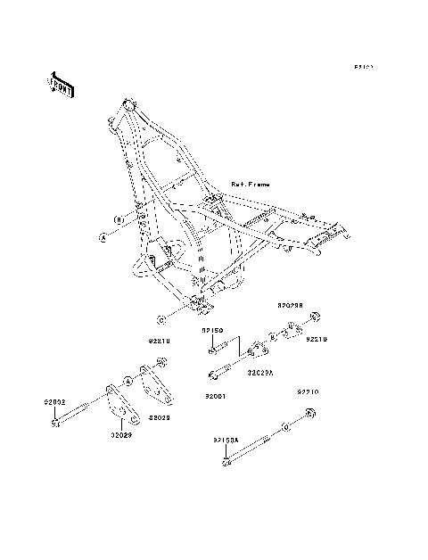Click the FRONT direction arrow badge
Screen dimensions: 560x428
tap(61, 84)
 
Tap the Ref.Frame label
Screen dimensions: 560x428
tap(250, 185)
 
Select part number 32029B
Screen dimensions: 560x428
tap(290, 305)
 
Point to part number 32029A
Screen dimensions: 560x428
tap(260, 372)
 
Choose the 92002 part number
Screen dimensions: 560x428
tap(53, 402)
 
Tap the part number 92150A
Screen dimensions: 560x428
tap(226, 440)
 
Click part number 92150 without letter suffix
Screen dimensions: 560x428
tap(212, 330)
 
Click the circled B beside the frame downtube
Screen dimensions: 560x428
tap(116, 218)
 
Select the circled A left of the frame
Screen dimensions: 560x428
tap(103, 238)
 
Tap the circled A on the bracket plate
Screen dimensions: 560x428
tap(128, 381)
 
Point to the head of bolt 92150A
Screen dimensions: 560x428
tap(227, 461)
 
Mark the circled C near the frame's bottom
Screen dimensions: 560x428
tap(160, 318)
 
